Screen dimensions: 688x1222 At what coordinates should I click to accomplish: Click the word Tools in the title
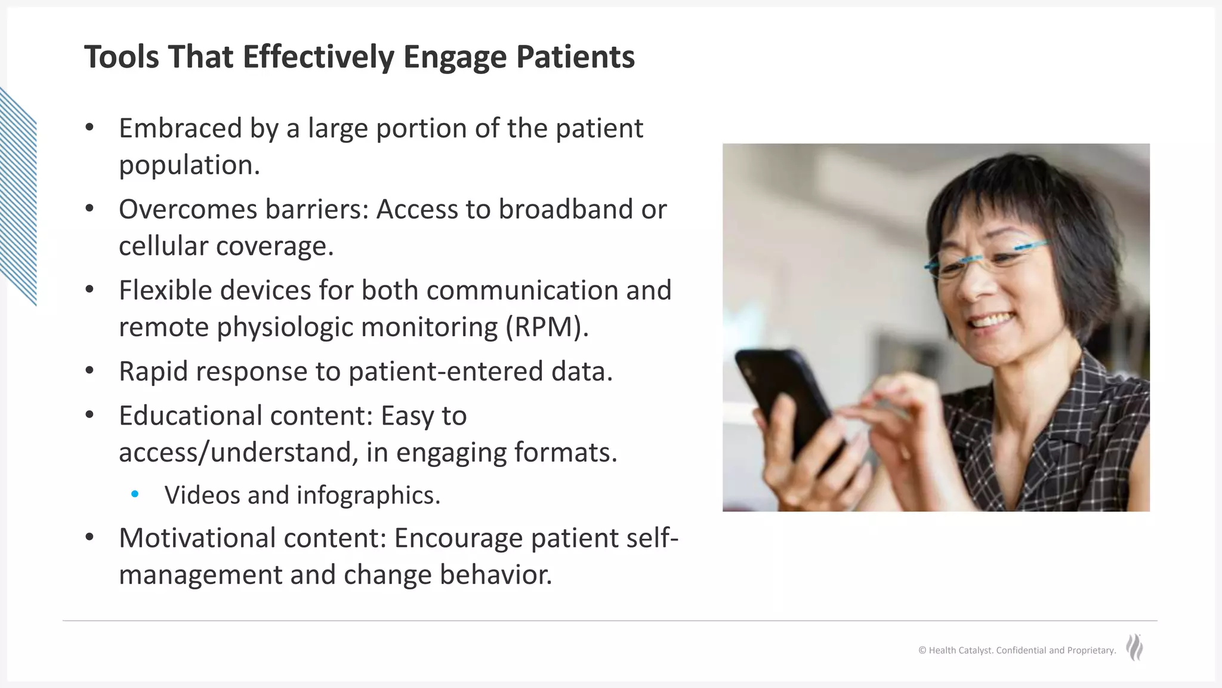click(x=121, y=57)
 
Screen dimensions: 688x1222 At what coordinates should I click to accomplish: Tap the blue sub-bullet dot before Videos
click(x=135, y=494)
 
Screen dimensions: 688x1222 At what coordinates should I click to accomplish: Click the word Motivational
click(x=197, y=538)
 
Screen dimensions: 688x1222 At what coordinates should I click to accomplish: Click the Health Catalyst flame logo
click(x=1134, y=647)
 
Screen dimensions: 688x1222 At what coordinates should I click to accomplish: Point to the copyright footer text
click(x=1017, y=650)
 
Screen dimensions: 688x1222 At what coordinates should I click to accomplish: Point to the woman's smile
click(x=993, y=322)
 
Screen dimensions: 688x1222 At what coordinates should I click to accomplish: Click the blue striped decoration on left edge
click(x=18, y=197)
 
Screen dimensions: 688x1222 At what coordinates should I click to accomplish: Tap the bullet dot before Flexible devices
click(x=90, y=290)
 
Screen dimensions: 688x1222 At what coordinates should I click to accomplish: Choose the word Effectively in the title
click(x=318, y=57)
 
